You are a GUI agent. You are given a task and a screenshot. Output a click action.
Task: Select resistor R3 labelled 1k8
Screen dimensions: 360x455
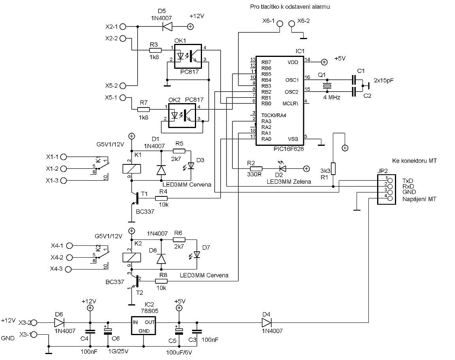[155, 50]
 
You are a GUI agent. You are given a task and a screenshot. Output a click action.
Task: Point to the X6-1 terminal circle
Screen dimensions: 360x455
[279, 23]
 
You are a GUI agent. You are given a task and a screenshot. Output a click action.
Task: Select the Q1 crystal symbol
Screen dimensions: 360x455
[327, 86]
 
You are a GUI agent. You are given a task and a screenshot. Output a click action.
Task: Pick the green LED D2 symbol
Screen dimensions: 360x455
[283, 168]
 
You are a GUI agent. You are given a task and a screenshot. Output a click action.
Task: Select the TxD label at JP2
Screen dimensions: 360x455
[407, 180]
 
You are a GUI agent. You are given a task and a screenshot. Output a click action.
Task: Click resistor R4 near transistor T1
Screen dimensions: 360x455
[163, 198]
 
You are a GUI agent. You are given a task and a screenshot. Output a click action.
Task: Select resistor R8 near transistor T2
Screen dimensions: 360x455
[161, 281]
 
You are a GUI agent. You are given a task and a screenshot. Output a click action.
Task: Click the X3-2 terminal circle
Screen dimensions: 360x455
[34, 322]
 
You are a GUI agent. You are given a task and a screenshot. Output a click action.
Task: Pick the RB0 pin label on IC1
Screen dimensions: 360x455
[266, 103]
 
